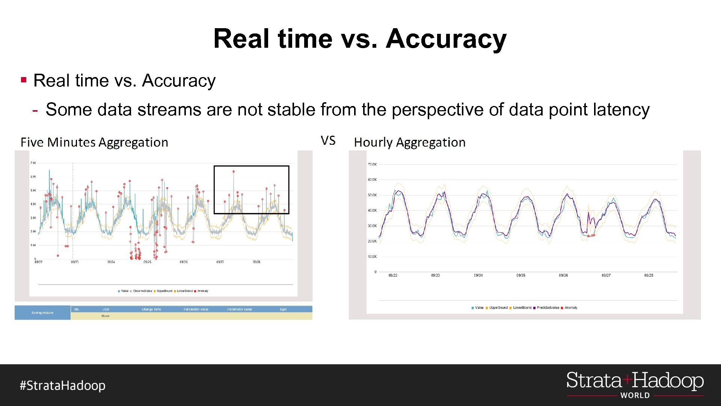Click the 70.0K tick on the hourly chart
point(372,165)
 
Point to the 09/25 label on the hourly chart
point(520,276)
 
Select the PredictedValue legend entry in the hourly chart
point(548,308)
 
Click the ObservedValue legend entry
point(142,291)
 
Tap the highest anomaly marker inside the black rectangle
point(234,172)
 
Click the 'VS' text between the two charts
point(328,141)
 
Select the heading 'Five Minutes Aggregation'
point(94,142)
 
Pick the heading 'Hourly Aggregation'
point(409,142)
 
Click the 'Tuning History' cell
point(42,313)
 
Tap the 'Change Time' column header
point(151,309)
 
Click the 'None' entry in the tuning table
point(106,316)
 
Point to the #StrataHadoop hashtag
point(63,386)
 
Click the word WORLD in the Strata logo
point(635,395)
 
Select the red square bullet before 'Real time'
point(24,80)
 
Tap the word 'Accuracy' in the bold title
point(446,39)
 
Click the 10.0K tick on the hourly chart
point(372,257)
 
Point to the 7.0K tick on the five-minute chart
point(33,163)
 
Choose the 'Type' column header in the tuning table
point(283,309)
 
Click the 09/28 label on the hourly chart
point(649,276)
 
